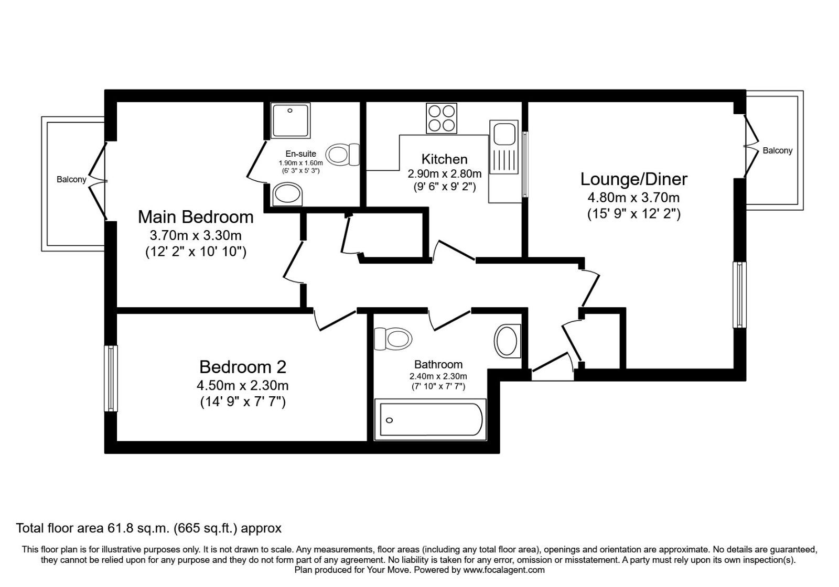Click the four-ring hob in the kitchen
coord(441,118)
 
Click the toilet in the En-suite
coord(343,155)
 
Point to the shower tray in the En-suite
coord(290,121)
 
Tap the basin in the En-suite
coord(288,195)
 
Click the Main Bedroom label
coord(196,216)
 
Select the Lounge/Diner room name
coord(633,179)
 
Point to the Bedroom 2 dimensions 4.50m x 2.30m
coord(242,386)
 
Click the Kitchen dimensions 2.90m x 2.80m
coord(444,173)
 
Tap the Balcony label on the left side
coord(71,180)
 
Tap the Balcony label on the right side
coord(777,151)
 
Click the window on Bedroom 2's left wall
coord(111,378)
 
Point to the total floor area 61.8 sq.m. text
coord(149,528)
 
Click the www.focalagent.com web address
coord(504,570)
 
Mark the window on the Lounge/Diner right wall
coord(739,295)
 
